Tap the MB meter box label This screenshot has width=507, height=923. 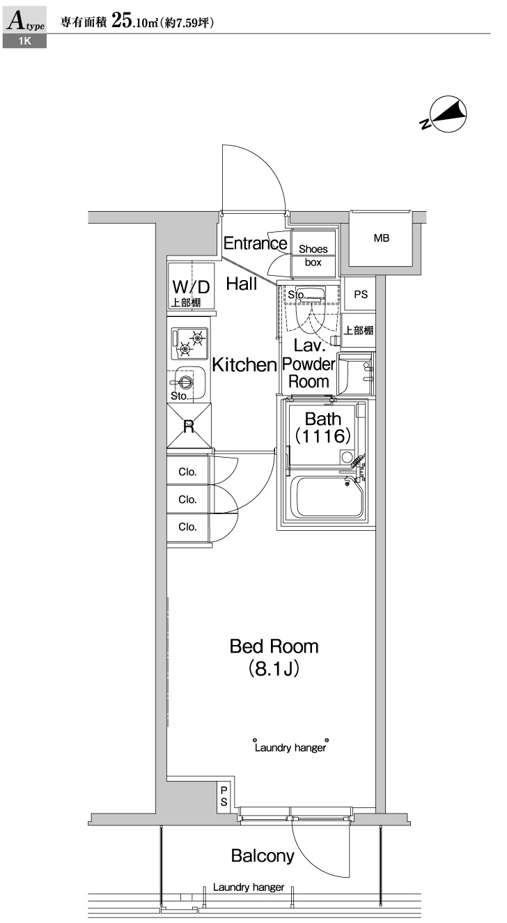(x=381, y=238)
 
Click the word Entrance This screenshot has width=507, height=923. (x=255, y=243)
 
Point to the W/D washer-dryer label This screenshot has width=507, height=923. (x=190, y=286)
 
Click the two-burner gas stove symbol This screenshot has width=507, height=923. (x=189, y=343)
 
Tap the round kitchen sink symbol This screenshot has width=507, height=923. (x=185, y=381)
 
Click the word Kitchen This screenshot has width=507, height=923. (x=244, y=364)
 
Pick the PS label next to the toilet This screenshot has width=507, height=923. (x=360, y=295)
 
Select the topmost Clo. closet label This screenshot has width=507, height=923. (x=187, y=472)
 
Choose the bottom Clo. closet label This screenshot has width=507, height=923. (x=187, y=527)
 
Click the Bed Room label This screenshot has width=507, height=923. (x=274, y=646)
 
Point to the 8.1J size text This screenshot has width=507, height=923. (x=274, y=669)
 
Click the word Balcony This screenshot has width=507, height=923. (x=263, y=856)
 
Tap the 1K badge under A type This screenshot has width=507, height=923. (x=25, y=42)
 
